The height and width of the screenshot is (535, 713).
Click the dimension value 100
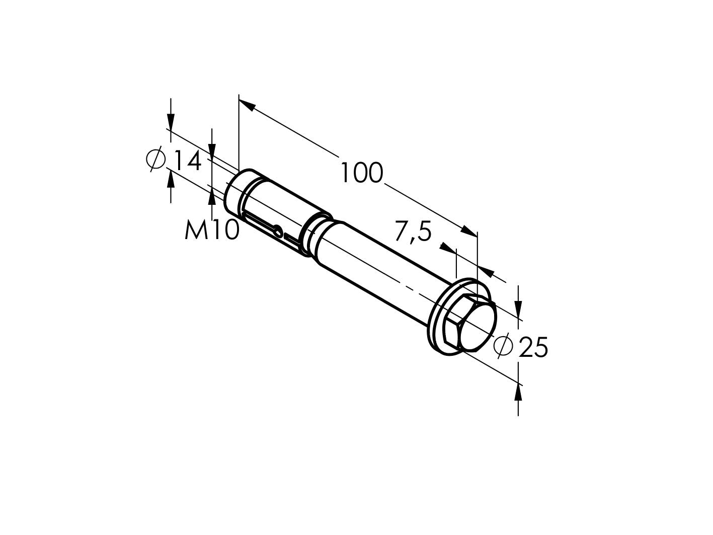pos(362,173)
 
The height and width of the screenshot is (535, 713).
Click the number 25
pos(533,348)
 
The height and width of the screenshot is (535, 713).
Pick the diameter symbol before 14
pos(156,160)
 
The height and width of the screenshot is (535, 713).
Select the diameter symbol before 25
pos(503,345)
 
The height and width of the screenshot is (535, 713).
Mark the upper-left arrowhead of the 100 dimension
pos(246,104)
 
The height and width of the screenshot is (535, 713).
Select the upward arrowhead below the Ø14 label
pos(171,179)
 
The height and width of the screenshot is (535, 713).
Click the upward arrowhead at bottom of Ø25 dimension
pos(518,392)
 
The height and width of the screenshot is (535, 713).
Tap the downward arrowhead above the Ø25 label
pos(519,308)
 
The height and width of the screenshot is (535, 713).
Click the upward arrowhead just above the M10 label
pos(212,197)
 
